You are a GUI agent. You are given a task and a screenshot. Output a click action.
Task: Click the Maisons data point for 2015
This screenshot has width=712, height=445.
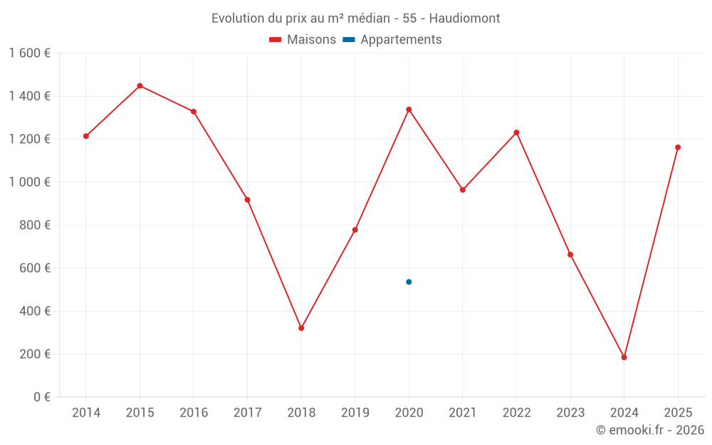click(x=140, y=85)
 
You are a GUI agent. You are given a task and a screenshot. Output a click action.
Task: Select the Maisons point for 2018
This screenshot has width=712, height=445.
click(x=301, y=328)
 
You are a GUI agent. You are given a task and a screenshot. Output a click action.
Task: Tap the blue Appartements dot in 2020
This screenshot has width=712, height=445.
click(x=409, y=282)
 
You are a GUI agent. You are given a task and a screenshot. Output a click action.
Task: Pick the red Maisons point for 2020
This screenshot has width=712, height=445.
click(x=409, y=110)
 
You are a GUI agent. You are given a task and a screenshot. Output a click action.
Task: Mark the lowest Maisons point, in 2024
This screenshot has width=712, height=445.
click(x=624, y=357)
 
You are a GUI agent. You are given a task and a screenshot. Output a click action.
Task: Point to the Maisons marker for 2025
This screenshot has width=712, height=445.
click(x=678, y=147)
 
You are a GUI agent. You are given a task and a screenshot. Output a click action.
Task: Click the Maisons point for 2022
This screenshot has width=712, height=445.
click(x=516, y=132)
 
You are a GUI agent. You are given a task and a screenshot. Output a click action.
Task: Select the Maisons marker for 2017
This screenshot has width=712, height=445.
click(x=247, y=200)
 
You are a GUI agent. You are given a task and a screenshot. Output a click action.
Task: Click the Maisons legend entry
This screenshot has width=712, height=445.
click(x=303, y=40)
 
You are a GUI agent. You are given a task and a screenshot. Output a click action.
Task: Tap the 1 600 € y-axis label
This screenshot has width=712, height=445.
click(x=29, y=53)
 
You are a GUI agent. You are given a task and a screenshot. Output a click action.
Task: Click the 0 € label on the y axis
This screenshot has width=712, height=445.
click(x=42, y=397)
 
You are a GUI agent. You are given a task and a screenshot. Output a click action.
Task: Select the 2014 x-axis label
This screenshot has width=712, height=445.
click(x=86, y=413)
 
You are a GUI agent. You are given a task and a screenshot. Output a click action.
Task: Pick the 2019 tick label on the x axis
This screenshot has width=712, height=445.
click(x=355, y=413)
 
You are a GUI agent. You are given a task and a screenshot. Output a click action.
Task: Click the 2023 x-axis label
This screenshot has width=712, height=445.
click(x=570, y=413)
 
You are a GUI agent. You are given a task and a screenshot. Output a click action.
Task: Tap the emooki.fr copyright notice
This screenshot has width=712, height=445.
click(x=649, y=430)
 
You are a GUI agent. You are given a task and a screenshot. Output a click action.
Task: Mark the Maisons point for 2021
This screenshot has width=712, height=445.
click(x=463, y=190)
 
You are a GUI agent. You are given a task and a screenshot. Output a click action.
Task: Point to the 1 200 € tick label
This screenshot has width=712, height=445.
click(x=29, y=140)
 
